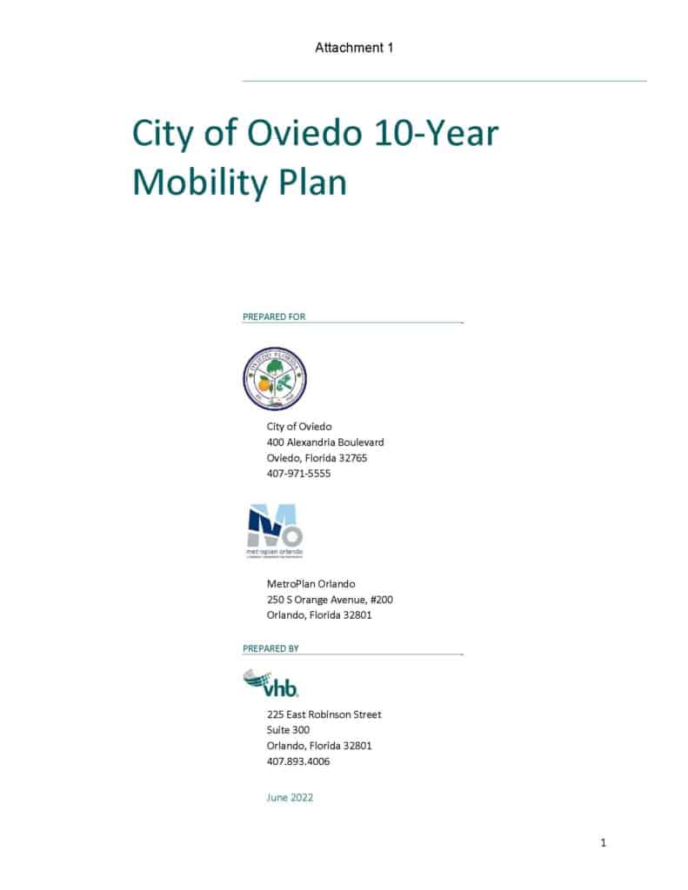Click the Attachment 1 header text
354,48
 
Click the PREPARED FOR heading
274,316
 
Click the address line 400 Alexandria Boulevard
324,442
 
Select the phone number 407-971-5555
298,474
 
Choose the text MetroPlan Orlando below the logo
311,584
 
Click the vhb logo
271,682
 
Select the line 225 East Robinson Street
324,714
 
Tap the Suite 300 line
288,730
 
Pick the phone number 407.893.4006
297,761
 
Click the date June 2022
290,797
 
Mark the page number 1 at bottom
603,843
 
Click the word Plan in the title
314,183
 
